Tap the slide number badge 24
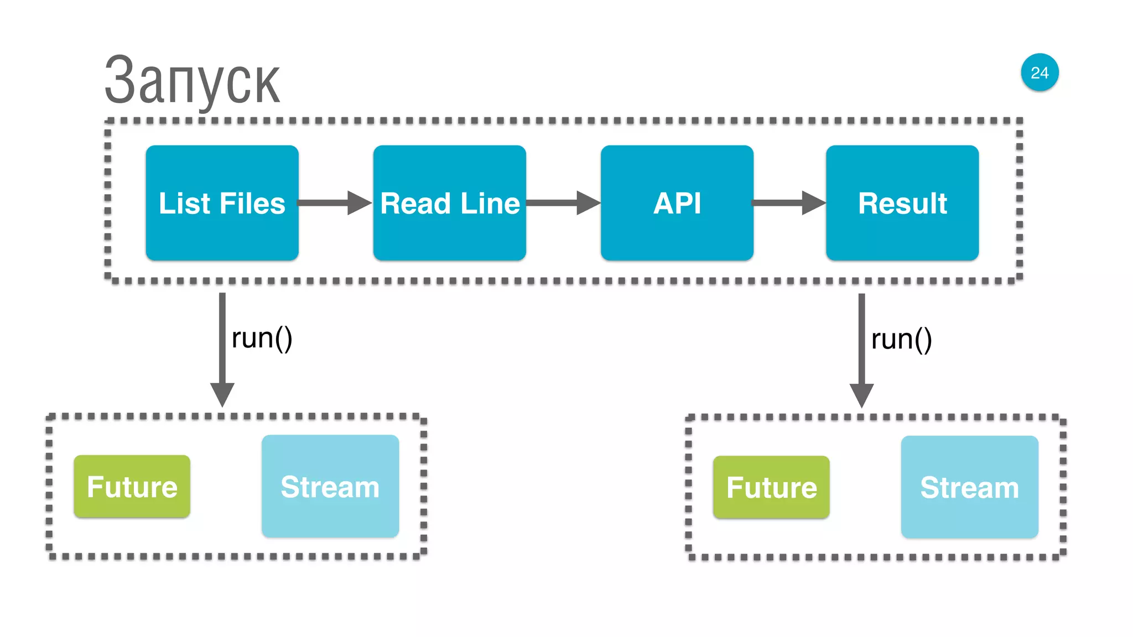pos(1040,72)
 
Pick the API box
pos(677,202)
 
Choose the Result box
pos(902,202)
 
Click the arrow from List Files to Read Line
pos(334,203)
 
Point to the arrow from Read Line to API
pos(562,203)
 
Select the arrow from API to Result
pos(788,203)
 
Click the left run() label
pos(262,338)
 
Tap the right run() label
pos(901,340)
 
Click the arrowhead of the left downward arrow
pos(222,394)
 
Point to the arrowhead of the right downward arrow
pos(861,395)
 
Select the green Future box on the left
pos(132,487)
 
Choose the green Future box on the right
pos(771,488)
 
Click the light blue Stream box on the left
pos(330,487)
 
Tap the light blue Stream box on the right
pos(969,488)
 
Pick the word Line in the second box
pos(490,203)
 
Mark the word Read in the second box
pos(415,203)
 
